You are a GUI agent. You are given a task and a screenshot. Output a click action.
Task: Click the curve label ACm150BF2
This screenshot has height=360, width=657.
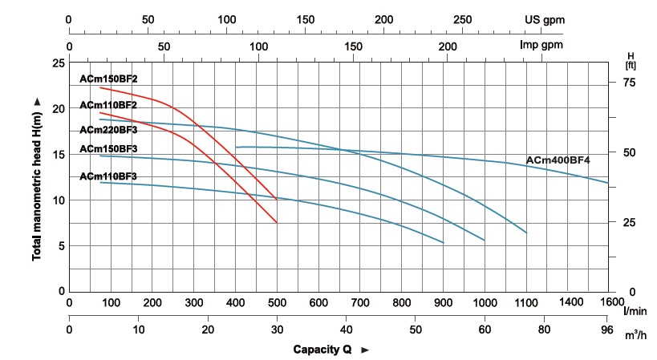click(x=109, y=79)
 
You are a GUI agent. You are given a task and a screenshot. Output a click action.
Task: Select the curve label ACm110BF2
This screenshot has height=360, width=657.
click(x=109, y=105)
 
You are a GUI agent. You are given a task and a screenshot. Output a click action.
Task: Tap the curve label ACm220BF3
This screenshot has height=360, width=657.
click(x=109, y=129)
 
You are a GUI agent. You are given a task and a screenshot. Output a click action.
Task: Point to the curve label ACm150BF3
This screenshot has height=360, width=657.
click(x=109, y=148)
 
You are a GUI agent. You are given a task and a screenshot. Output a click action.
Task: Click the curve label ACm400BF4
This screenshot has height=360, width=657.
click(x=558, y=160)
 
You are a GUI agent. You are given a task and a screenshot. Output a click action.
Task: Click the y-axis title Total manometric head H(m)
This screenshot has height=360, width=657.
click(x=37, y=178)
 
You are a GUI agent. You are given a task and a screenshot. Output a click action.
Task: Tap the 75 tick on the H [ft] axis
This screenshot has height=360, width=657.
click(x=629, y=82)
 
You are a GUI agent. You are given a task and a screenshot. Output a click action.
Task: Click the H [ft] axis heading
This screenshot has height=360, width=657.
click(x=630, y=59)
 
